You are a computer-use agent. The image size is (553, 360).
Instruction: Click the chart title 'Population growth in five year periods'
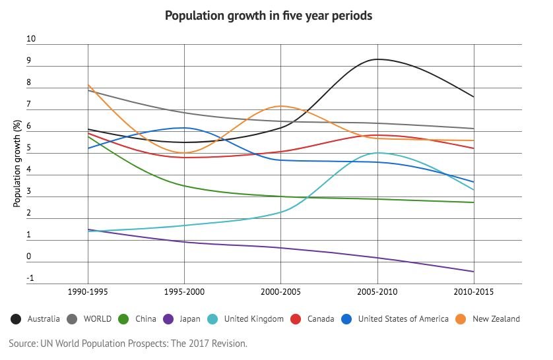(269, 15)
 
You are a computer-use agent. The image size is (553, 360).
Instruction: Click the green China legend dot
(123, 319)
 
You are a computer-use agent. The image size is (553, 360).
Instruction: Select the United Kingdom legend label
(253, 319)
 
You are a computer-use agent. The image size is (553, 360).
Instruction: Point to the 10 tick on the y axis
(31, 40)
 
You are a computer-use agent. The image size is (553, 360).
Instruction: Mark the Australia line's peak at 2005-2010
(377, 59)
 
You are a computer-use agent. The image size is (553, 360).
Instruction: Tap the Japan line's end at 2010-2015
(474, 272)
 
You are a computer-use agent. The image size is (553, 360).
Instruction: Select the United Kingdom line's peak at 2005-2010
(377, 152)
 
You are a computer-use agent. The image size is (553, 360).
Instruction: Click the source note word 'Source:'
(23, 344)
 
